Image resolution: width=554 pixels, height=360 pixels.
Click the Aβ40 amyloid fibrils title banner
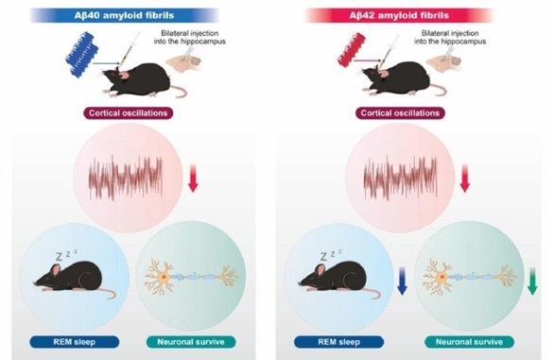(125, 15)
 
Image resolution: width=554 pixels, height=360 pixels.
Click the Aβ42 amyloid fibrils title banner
(399, 15)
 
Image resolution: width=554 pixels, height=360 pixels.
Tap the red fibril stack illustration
(351, 50)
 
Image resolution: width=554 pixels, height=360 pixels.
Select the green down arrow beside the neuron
(532, 282)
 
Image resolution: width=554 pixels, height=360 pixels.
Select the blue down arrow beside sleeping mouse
(402, 282)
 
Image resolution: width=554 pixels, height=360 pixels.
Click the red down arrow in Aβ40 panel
(193, 178)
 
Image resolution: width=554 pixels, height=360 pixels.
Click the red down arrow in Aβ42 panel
(465, 178)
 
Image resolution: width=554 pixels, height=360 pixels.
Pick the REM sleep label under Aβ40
(74, 342)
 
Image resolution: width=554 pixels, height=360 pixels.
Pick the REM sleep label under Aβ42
(338, 342)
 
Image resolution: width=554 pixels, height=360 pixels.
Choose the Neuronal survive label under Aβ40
(191, 342)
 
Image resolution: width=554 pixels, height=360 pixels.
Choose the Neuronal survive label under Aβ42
(469, 342)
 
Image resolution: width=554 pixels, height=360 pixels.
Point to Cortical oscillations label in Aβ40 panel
(128, 113)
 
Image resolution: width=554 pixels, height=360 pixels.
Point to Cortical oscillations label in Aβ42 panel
(400, 113)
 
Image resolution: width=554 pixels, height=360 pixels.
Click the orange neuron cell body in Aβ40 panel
(164, 277)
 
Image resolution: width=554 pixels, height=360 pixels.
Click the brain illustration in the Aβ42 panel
(443, 60)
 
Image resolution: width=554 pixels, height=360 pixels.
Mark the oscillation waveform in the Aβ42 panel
(400, 178)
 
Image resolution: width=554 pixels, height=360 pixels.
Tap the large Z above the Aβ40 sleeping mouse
(59, 257)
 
